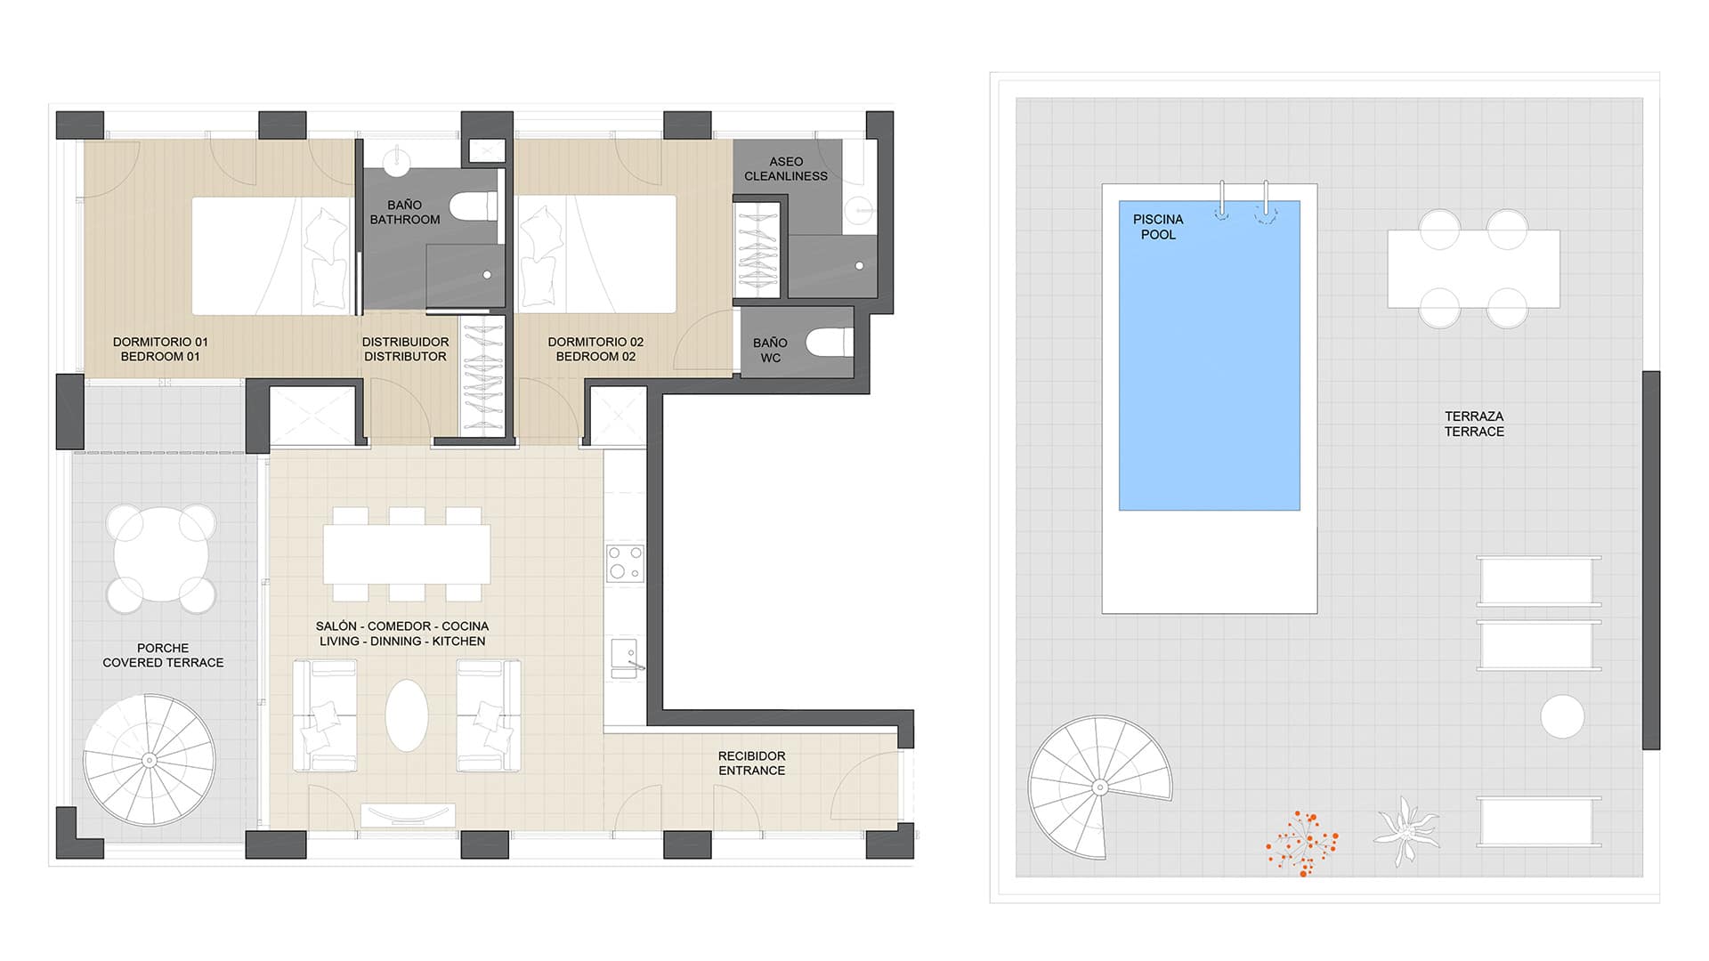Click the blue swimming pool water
pyautogui.click(x=1209, y=356)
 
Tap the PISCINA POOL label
pyautogui.click(x=1158, y=227)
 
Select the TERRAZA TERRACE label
pyautogui.click(x=1474, y=424)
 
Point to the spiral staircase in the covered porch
pyautogui.click(x=150, y=760)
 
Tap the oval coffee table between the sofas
pyautogui.click(x=407, y=715)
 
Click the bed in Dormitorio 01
pyautogui.click(x=272, y=255)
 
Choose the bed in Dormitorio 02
pyautogui.click(x=596, y=254)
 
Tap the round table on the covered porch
pyautogui.click(x=161, y=559)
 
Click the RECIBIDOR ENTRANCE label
pyautogui.click(x=752, y=763)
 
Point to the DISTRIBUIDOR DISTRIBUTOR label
pyautogui.click(x=405, y=349)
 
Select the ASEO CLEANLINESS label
pyautogui.click(x=786, y=169)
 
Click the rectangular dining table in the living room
pyautogui.click(x=407, y=553)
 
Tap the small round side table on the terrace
pyautogui.click(x=1562, y=716)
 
